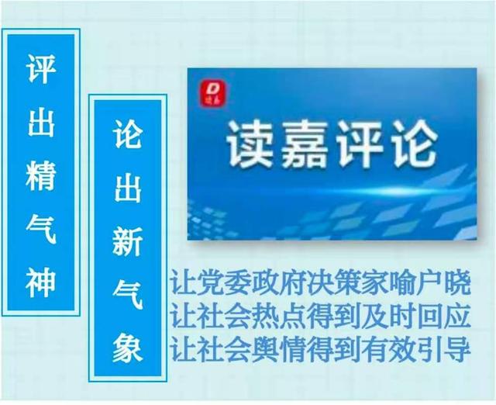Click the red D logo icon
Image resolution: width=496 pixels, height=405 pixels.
coord(214,93)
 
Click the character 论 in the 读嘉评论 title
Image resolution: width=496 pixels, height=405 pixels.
coord(415,144)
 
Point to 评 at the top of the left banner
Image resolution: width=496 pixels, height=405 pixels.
coord(41,68)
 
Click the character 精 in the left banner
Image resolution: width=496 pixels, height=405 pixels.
coord(41,176)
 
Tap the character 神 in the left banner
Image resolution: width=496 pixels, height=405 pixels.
coord(41,282)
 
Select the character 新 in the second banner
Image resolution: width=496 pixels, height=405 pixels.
coord(127,241)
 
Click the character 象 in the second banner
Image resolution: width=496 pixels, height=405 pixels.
coord(127,348)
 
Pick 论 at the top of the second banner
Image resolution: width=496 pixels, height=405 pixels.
coord(127,133)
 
